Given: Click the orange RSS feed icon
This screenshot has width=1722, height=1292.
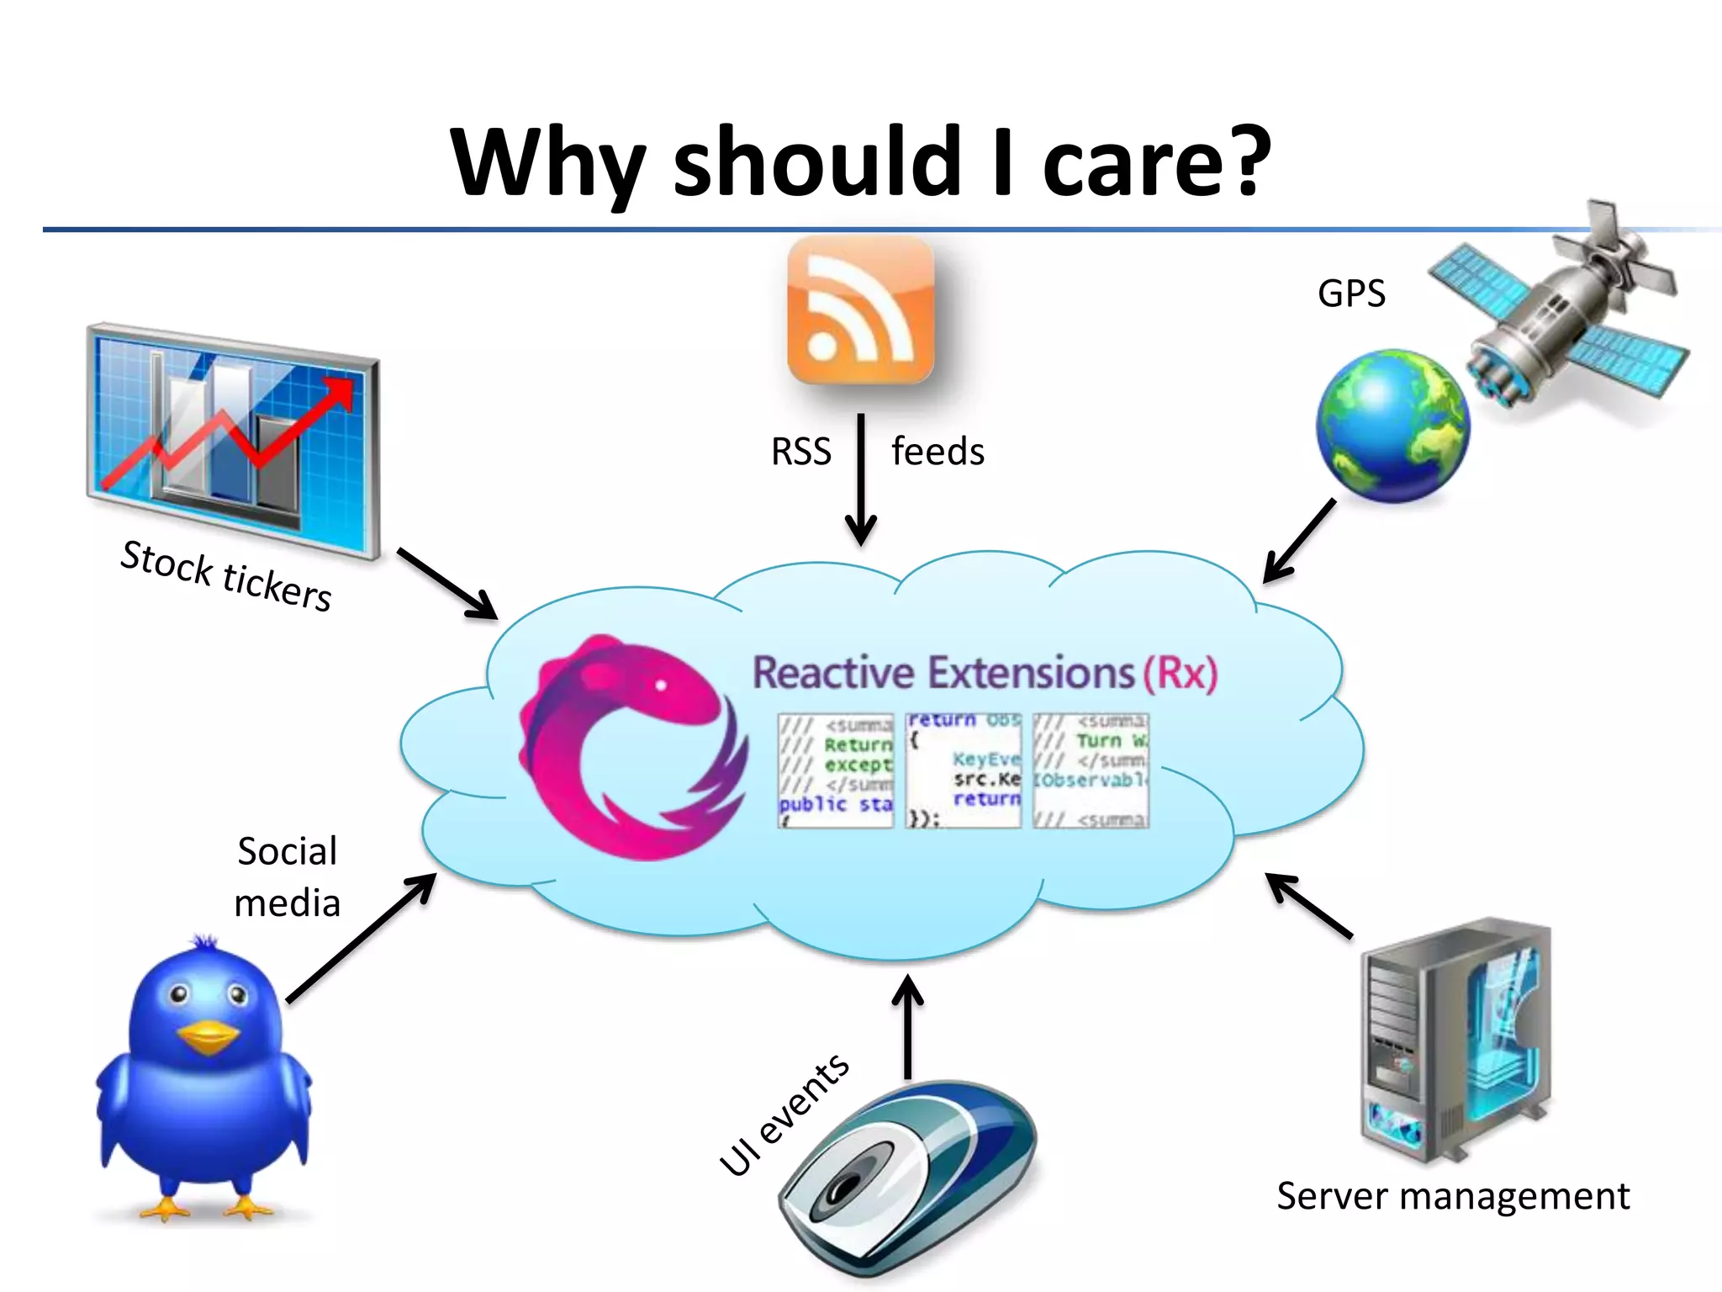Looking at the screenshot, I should tap(860, 310).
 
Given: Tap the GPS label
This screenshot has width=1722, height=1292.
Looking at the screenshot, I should tap(1351, 294).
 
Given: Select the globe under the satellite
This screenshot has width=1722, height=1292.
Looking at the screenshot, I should tap(1392, 426).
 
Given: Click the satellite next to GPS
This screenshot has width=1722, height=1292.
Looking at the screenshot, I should tap(1564, 320).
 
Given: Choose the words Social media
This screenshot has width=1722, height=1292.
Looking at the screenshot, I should tap(288, 876).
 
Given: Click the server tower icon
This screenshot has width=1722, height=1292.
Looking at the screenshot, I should tap(1455, 1039).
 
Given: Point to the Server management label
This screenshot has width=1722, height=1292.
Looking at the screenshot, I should tap(1452, 1195).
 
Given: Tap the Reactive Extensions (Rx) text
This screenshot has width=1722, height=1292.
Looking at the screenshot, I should tap(985, 673).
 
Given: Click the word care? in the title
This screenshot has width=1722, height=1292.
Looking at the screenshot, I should tap(1156, 161).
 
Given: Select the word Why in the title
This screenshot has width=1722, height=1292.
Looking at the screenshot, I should tap(547, 161).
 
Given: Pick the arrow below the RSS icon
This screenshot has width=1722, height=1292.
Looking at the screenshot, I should tap(861, 479).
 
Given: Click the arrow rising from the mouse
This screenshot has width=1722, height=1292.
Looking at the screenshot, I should tap(908, 1026).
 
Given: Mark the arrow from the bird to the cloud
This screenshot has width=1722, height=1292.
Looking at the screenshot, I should tap(362, 938).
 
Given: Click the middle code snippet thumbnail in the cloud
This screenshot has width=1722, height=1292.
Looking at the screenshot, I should tap(964, 770).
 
